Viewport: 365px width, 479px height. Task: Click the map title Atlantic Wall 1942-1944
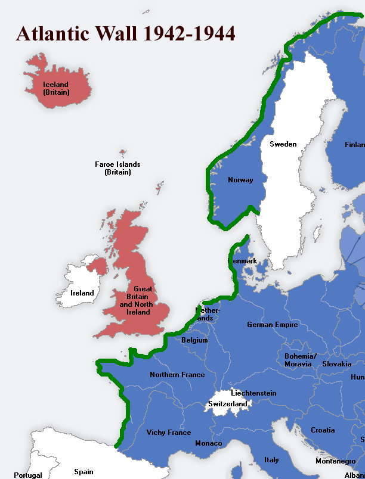click(125, 33)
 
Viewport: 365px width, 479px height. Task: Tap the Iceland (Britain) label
click(56, 89)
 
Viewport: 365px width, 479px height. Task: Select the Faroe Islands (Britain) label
click(117, 168)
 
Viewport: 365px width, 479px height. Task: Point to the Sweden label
click(283, 144)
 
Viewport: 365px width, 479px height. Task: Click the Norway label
click(240, 180)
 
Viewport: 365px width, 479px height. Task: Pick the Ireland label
click(82, 293)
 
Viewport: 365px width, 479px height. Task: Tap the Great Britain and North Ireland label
click(143, 300)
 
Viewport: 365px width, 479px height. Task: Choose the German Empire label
click(272, 325)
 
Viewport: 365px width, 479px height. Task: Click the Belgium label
click(194, 341)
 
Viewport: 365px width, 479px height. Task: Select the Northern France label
click(177, 375)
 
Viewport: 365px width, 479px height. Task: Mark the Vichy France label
click(169, 433)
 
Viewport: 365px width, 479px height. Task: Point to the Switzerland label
click(227, 404)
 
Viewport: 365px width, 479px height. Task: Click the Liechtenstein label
click(253, 393)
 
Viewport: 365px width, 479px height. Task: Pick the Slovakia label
click(336, 364)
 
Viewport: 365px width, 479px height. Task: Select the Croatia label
click(323, 430)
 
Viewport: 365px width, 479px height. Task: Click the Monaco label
click(208, 443)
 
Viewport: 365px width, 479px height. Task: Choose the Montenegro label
click(336, 461)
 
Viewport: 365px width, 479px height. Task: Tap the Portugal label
click(28, 475)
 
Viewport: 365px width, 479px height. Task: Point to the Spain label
click(83, 472)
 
